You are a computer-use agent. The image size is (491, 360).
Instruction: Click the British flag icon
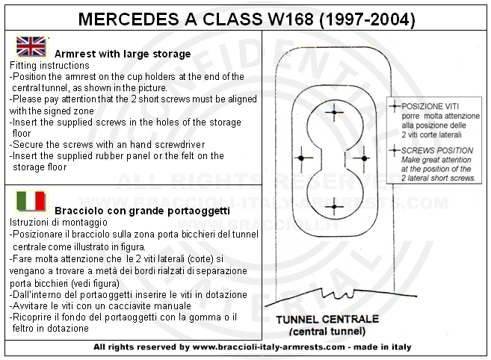click(x=31, y=47)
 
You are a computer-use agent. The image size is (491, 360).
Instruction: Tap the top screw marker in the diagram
click(x=333, y=113)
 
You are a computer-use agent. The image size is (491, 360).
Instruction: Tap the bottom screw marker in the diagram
click(x=333, y=205)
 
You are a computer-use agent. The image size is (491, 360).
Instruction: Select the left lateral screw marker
click(x=301, y=158)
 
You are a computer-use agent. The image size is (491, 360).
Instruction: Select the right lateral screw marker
click(x=364, y=158)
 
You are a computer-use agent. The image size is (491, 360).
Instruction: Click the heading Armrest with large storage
click(x=123, y=54)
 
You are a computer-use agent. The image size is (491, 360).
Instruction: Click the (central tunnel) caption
click(x=328, y=331)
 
